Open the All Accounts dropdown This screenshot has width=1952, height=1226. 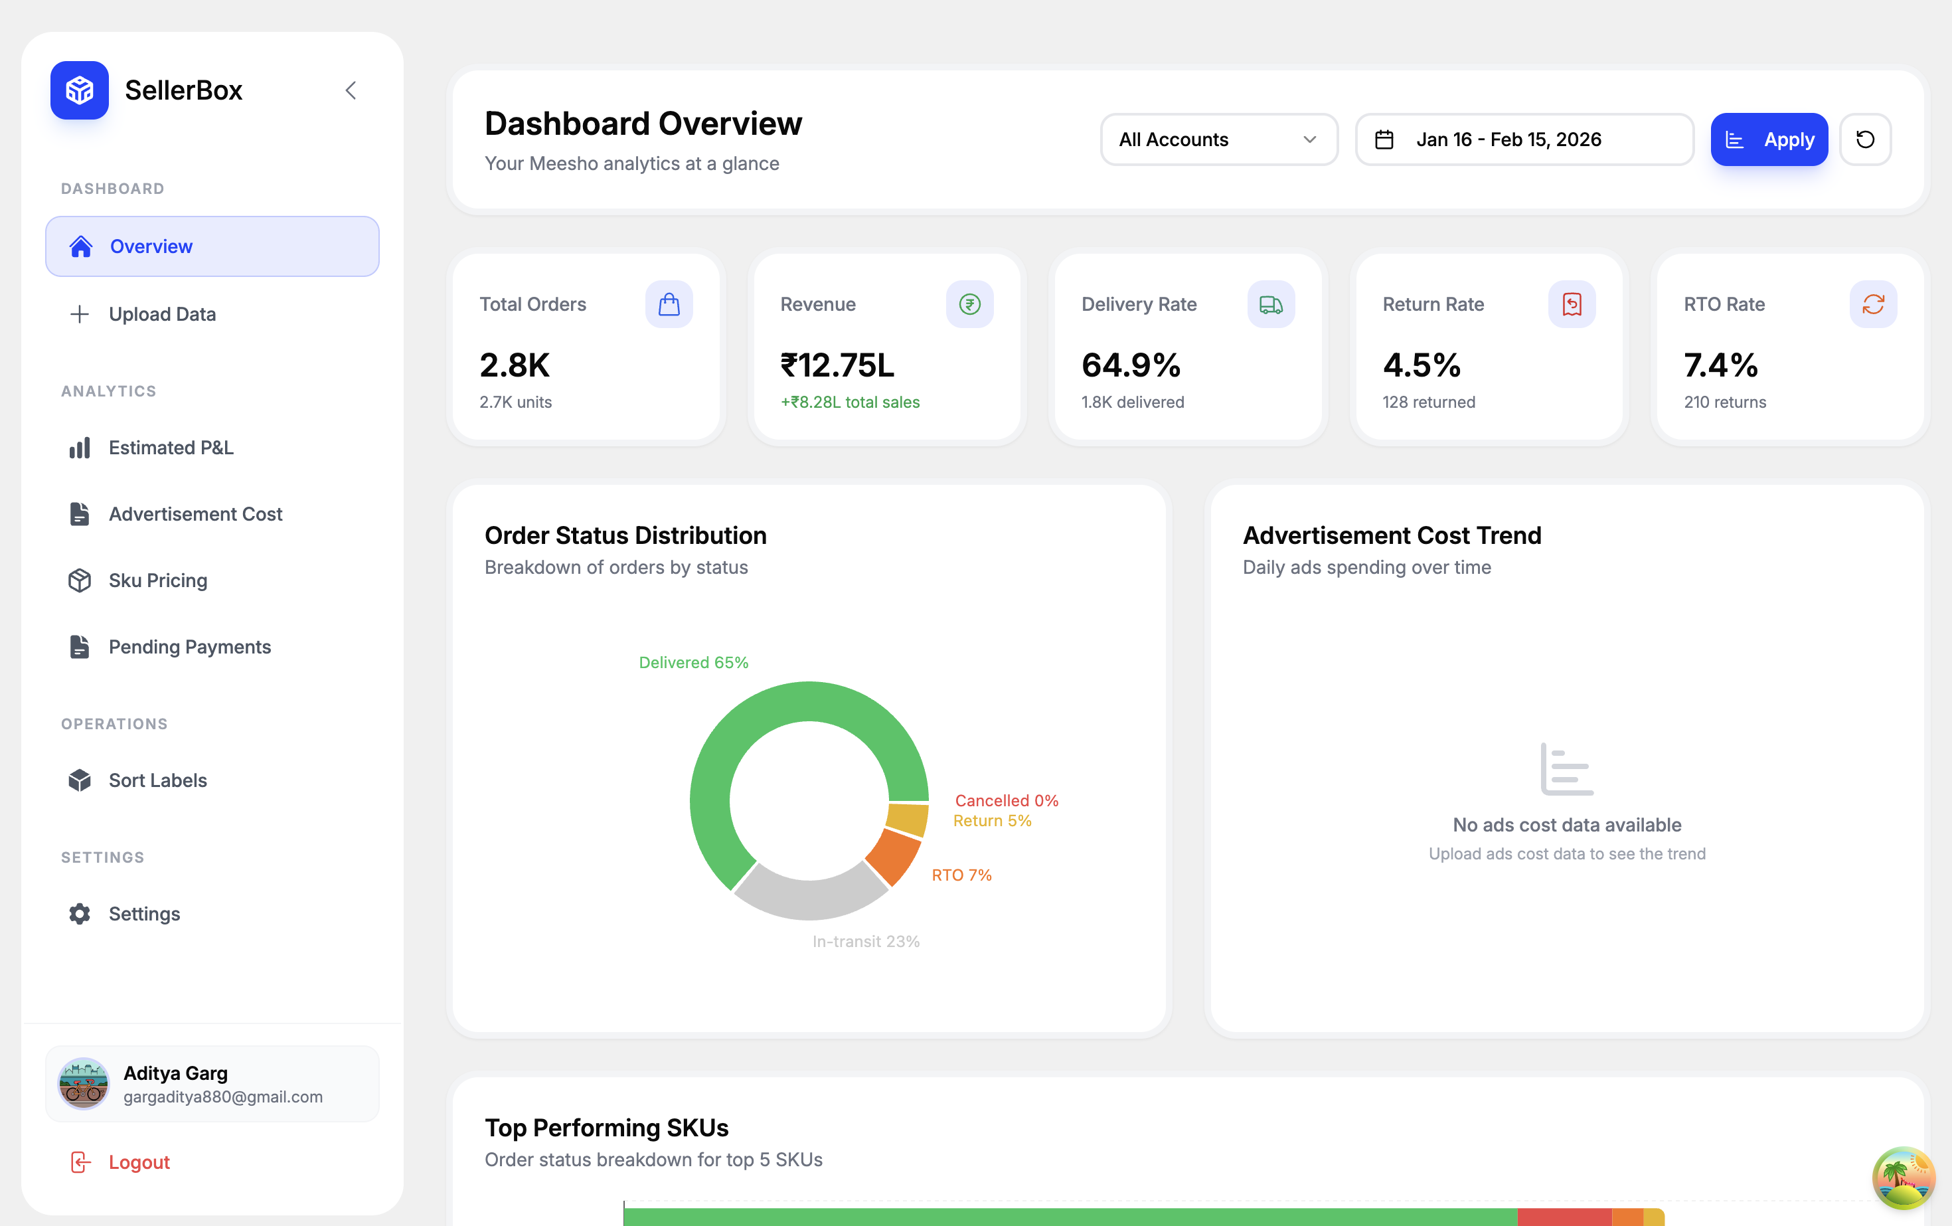tap(1218, 139)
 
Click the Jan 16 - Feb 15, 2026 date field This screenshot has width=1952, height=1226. tap(1524, 139)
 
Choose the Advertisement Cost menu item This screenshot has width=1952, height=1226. tap(195, 514)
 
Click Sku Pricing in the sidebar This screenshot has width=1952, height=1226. tap(157, 580)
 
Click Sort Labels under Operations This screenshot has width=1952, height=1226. tap(157, 780)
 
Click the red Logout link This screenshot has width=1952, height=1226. tap(138, 1162)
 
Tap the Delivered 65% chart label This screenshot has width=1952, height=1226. tap(693, 662)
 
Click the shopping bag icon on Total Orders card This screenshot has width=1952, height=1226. tap(669, 304)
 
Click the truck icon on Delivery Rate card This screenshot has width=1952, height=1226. tap(1270, 304)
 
